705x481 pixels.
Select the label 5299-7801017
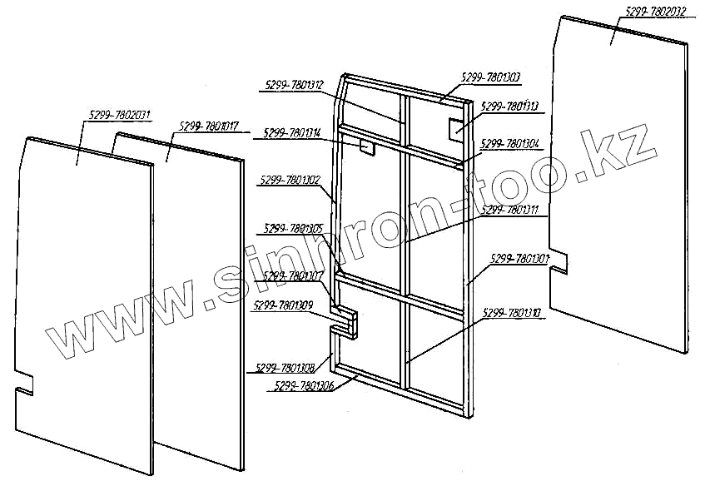tap(209, 126)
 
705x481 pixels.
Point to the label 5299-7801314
tap(292, 132)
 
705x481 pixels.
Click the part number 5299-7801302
tap(290, 180)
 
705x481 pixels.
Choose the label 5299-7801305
tap(293, 228)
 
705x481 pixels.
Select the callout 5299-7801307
tap(293, 275)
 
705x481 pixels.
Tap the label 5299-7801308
tap(285, 367)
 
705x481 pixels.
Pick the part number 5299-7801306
tap(303, 385)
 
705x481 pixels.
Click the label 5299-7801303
tap(490, 77)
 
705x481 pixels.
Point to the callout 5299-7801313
tap(510, 107)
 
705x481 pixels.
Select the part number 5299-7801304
tap(509, 143)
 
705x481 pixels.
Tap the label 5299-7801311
tap(509, 210)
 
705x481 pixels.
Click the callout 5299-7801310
tap(511, 313)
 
